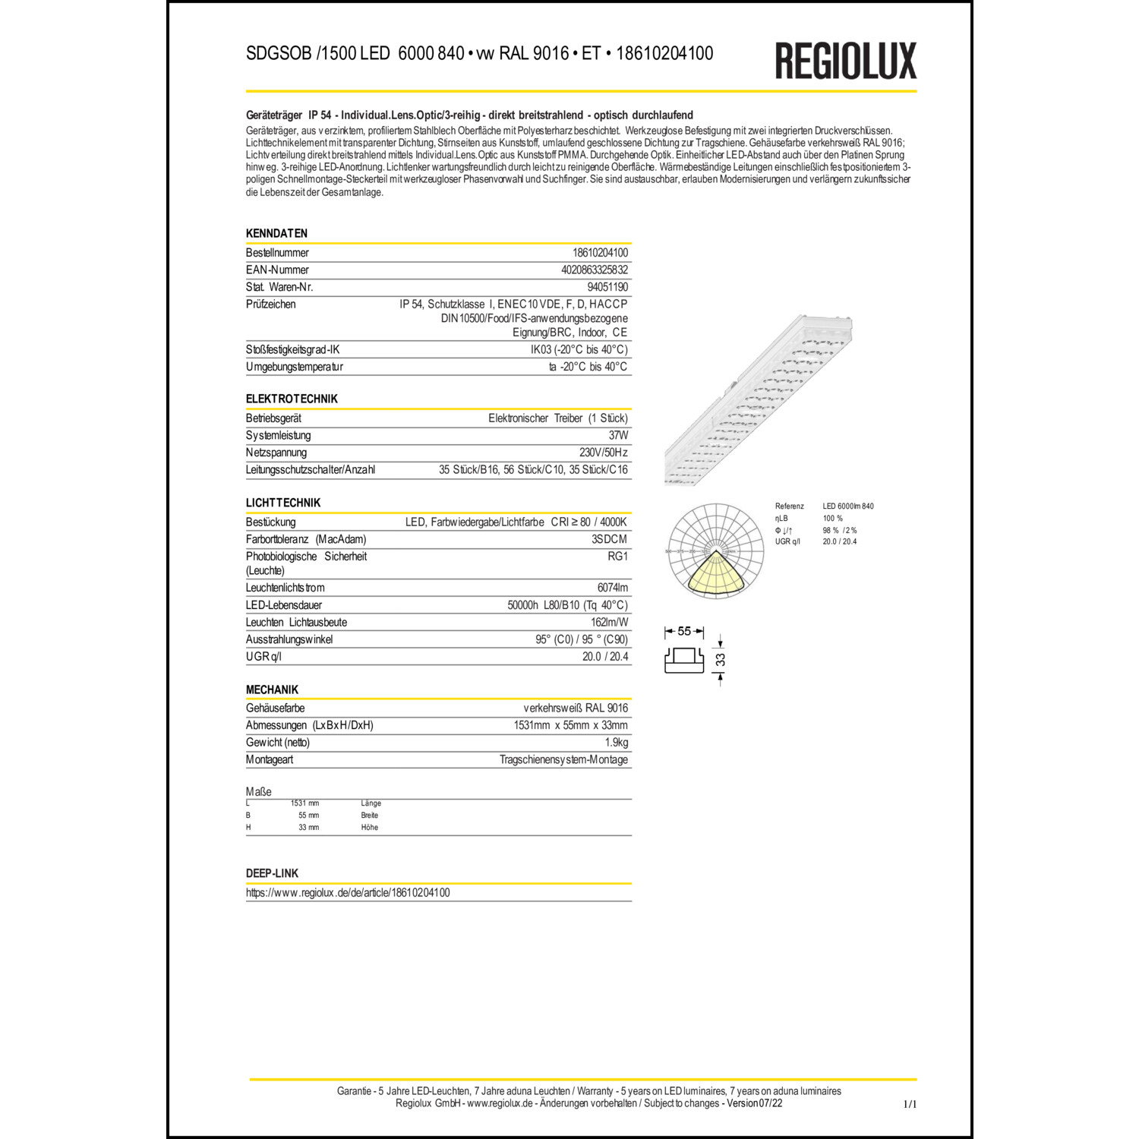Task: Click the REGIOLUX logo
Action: [x=845, y=61]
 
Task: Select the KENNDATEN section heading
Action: [x=276, y=233]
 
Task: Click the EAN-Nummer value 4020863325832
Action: [x=594, y=270]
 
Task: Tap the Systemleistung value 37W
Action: [x=618, y=435]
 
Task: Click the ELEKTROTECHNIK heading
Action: [x=292, y=399]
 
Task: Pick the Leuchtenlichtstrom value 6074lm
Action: [x=612, y=588]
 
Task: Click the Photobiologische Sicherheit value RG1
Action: [x=617, y=557]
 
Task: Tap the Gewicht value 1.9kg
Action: [x=616, y=743]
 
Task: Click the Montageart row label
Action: [x=269, y=760]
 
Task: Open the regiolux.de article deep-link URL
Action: [x=348, y=893]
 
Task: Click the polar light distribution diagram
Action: [x=715, y=551]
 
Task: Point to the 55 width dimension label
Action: [x=684, y=631]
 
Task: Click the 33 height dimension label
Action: [x=720, y=660]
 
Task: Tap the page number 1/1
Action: [x=910, y=1104]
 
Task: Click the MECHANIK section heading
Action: [x=272, y=689]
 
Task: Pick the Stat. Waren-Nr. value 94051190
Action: [x=607, y=287]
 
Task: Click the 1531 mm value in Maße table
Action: [x=304, y=803]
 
